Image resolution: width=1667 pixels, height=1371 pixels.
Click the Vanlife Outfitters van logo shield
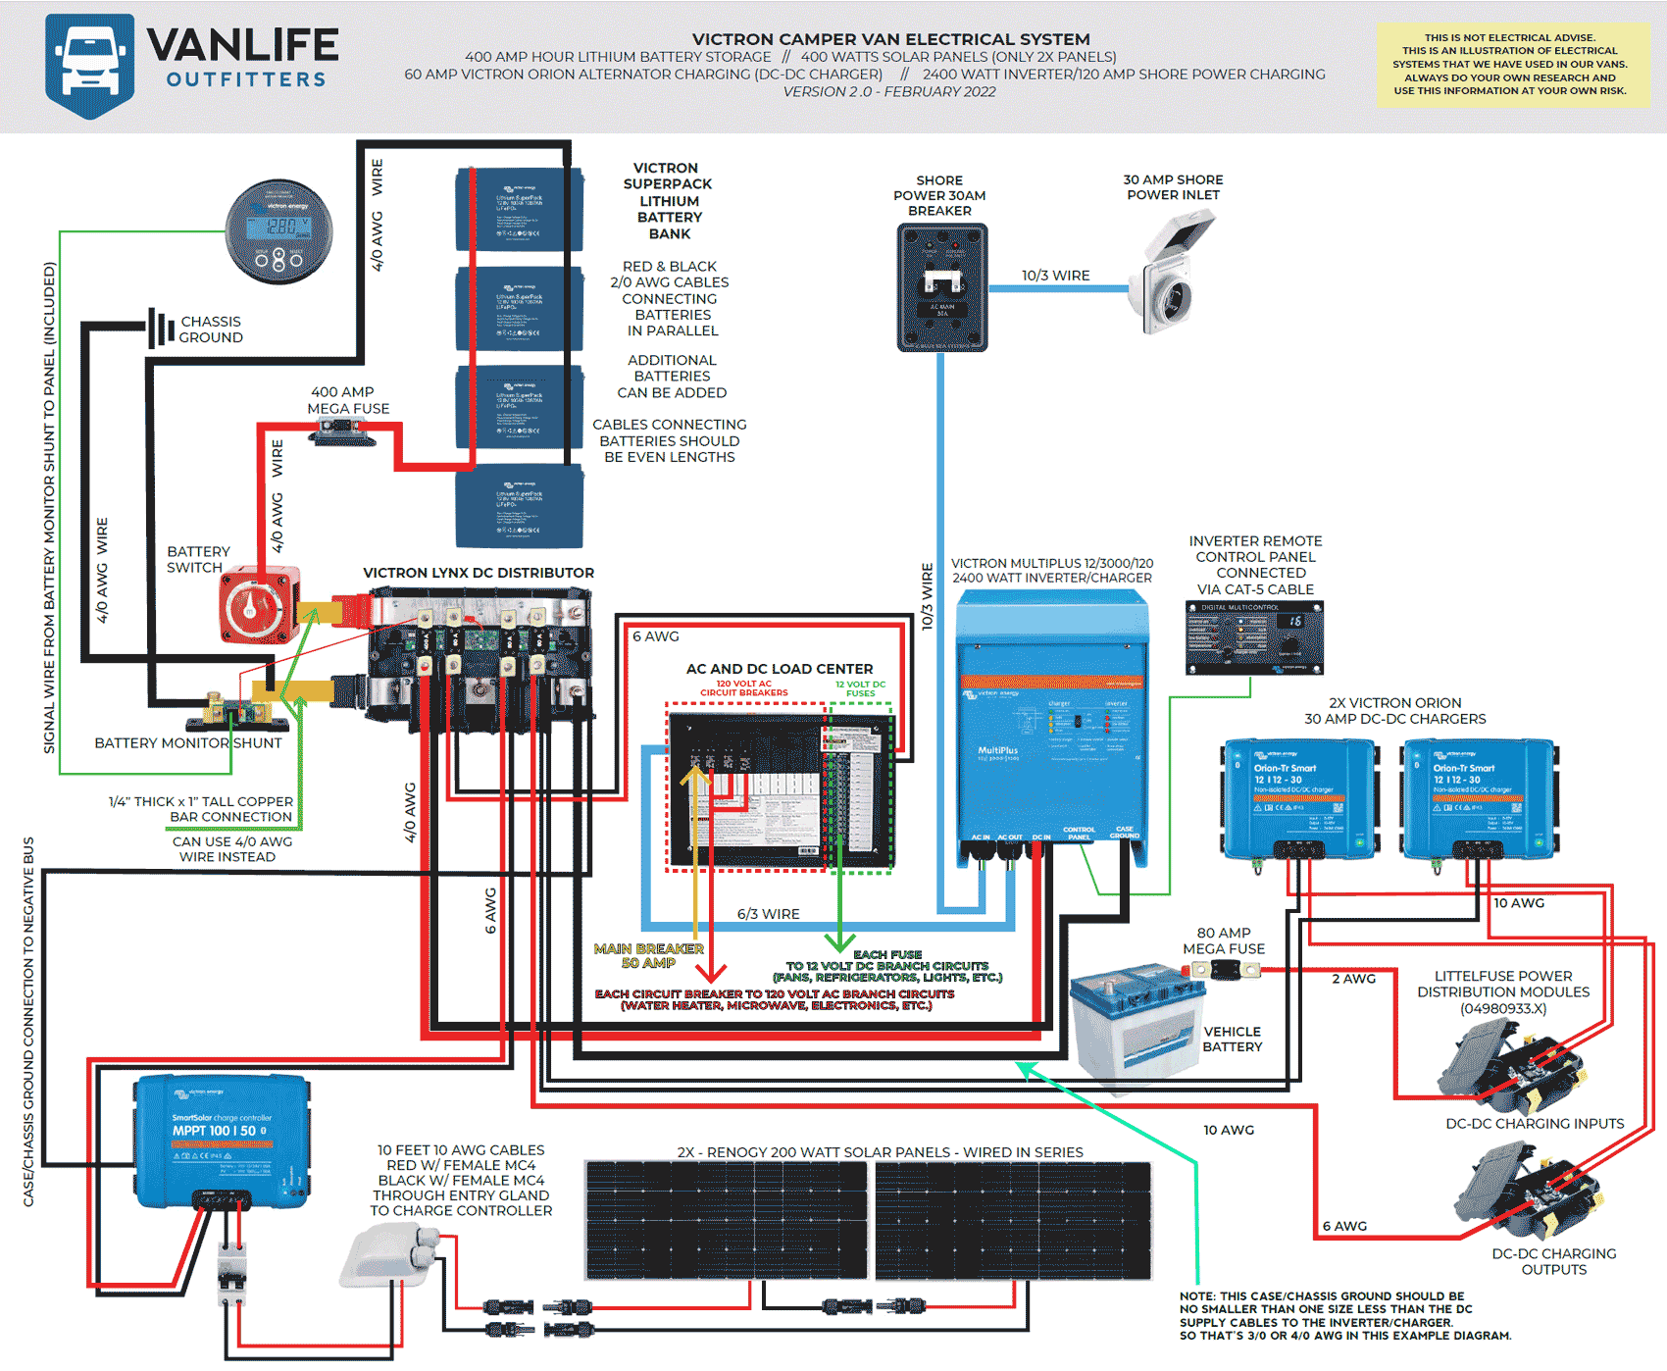[x=89, y=65]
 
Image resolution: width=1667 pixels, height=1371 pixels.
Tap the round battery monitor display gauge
[x=279, y=232]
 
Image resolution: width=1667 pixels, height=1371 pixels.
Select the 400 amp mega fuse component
[x=344, y=432]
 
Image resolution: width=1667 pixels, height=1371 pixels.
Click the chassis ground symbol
[x=161, y=329]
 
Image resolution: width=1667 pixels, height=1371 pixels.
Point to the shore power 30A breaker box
[x=941, y=287]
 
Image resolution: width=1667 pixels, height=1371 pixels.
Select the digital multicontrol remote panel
[x=1254, y=637]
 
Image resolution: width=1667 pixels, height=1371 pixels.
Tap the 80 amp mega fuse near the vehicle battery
[x=1224, y=971]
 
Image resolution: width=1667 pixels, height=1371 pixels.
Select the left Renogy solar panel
[x=726, y=1221]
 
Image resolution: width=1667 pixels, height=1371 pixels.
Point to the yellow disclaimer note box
[x=1511, y=65]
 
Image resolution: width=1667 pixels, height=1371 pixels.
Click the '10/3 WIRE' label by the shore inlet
[x=1055, y=276]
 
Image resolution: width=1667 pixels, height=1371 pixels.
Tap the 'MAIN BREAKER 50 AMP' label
[x=648, y=956]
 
